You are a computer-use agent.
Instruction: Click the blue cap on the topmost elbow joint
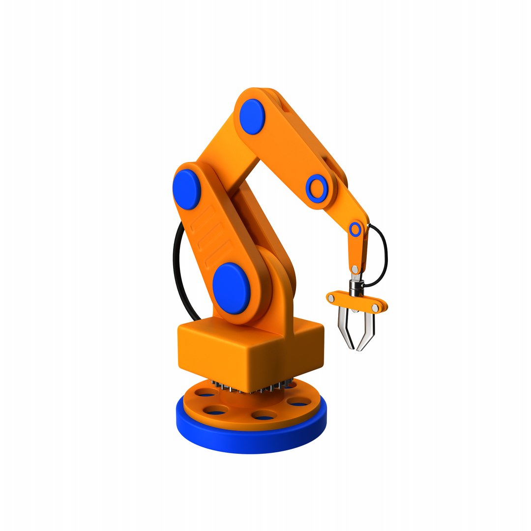click(x=252, y=117)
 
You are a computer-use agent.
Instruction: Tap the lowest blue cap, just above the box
click(x=232, y=288)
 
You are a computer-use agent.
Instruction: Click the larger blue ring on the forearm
click(x=317, y=188)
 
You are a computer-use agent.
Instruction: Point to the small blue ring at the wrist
click(x=355, y=229)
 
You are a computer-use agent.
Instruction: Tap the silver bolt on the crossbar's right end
click(x=375, y=308)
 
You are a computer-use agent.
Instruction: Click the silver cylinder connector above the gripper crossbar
click(x=355, y=288)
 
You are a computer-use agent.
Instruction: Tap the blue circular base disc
click(x=251, y=438)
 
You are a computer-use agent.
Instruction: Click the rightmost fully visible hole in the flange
click(x=298, y=404)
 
